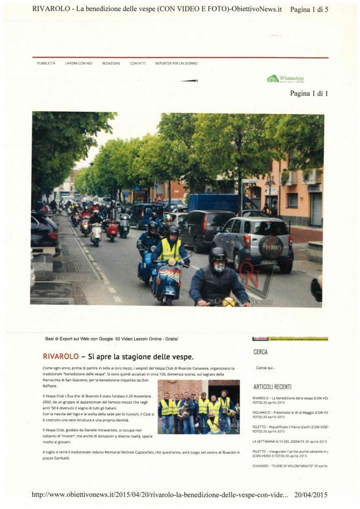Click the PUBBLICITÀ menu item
click(x=46, y=63)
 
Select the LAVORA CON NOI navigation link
click(x=78, y=63)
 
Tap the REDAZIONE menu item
click(x=111, y=63)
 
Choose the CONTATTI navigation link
click(x=138, y=63)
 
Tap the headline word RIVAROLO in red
click(x=60, y=357)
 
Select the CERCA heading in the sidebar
click(x=260, y=352)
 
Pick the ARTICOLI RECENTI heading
click(x=272, y=387)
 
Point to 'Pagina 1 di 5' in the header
click(x=309, y=9)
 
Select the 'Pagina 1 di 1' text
click(x=309, y=93)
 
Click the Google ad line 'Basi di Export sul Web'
click(x=112, y=339)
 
